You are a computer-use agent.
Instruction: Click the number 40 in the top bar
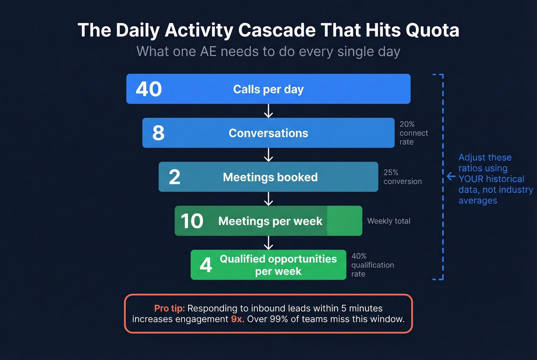149,89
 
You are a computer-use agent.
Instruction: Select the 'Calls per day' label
268,89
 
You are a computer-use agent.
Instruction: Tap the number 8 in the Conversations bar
158,133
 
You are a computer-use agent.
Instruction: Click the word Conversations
268,133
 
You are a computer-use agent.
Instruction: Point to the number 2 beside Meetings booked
175,177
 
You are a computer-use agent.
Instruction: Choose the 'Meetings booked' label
270,177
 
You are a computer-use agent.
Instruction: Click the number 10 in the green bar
192,221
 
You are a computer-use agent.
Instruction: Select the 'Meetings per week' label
270,221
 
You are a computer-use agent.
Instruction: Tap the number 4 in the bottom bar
206,265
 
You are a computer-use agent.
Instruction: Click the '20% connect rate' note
413,133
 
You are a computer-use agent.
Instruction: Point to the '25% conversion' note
402,177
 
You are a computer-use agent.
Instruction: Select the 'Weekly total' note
389,221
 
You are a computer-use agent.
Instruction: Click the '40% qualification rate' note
372,265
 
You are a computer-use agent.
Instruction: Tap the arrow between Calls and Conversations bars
268,111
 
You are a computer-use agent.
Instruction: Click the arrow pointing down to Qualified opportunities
268,243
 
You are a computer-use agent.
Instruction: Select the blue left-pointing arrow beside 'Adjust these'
451,177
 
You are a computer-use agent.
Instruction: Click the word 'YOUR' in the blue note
471,179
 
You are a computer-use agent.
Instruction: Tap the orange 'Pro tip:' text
170,308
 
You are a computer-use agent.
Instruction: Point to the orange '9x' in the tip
237,319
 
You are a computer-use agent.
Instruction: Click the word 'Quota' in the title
432,30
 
